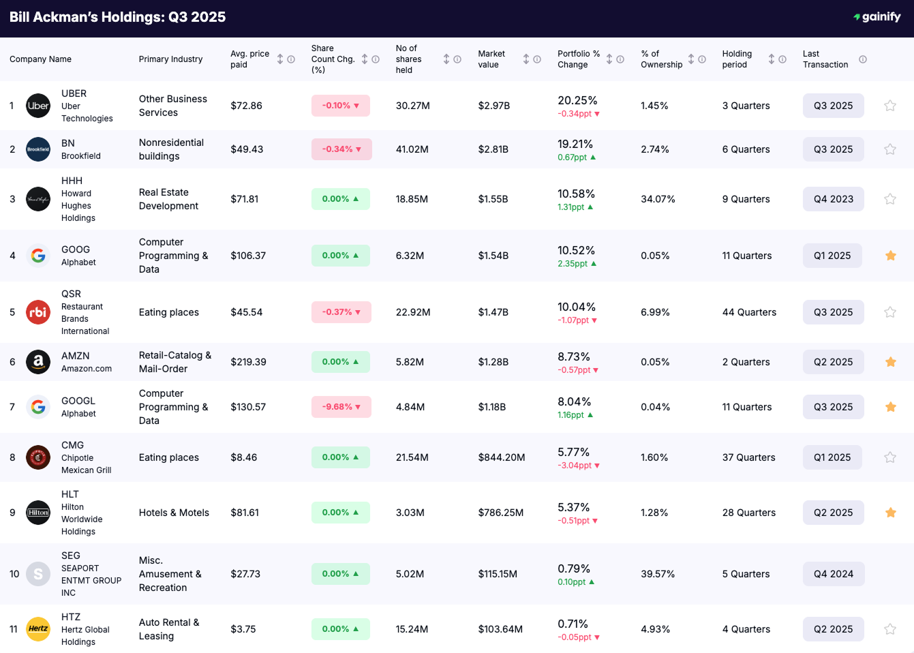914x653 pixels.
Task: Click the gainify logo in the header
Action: click(877, 17)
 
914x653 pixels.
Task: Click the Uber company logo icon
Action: click(38, 106)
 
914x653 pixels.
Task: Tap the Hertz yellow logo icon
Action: click(38, 629)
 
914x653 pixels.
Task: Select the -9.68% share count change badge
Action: click(341, 407)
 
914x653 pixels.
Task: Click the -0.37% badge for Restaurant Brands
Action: click(341, 312)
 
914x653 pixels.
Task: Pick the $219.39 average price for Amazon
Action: click(248, 362)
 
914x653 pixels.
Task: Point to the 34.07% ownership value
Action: click(658, 199)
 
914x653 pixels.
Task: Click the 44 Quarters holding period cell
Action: click(749, 312)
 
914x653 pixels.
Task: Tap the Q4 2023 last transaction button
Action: click(833, 199)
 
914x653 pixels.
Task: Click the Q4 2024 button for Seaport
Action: click(833, 574)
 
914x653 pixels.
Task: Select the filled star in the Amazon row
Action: click(890, 362)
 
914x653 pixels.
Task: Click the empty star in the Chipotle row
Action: click(890, 457)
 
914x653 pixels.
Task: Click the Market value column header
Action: click(491, 59)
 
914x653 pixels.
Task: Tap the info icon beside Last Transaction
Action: click(863, 59)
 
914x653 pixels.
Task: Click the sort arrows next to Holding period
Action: click(772, 59)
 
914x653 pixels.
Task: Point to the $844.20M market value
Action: click(501, 457)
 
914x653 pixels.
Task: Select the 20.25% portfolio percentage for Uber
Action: click(577, 100)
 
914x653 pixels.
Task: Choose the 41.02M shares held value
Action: click(412, 149)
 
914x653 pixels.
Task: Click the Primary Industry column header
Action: click(170, 59)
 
